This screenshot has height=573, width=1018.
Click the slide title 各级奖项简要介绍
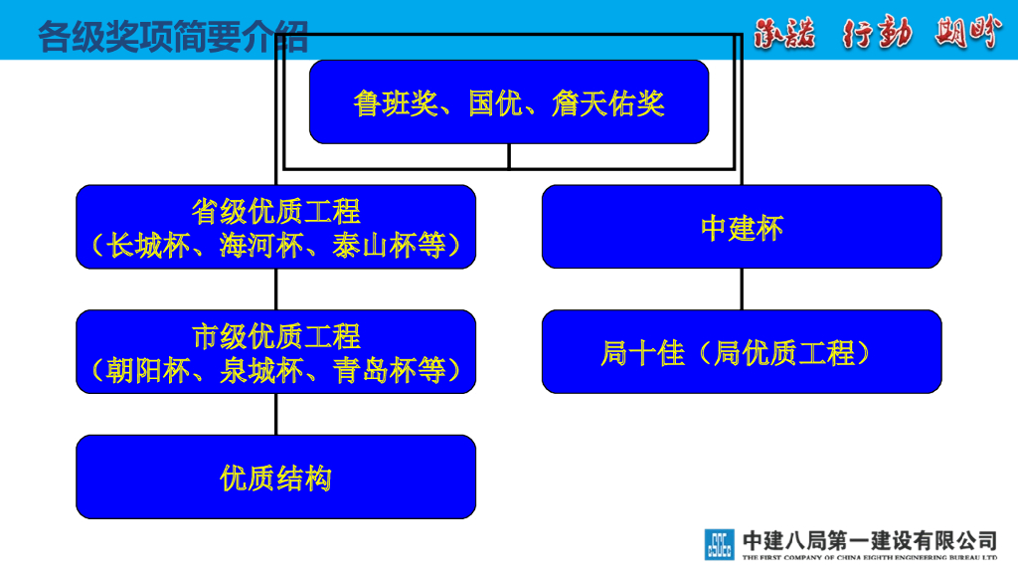coord(173,37)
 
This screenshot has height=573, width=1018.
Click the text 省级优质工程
coord(275,211)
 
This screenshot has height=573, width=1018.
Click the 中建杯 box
coord(742,227)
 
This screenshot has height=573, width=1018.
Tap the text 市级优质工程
coord(275,336)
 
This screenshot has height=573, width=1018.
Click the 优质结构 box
coord(275,478)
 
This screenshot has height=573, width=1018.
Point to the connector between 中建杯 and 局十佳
coord(742,288)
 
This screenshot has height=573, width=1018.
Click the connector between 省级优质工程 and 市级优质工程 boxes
coord(276,288)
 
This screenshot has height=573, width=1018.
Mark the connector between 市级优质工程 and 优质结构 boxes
coord(276,414)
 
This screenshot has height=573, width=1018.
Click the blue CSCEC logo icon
coord(720,543)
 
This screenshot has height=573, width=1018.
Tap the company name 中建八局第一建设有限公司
coord(869,539)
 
